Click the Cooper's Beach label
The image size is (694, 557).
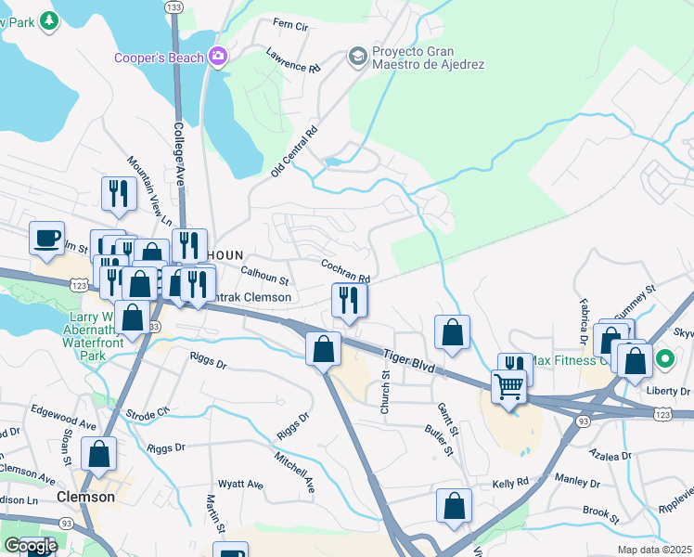click(x=159, y=58)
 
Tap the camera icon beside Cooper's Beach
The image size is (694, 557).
click(x=219, y=58)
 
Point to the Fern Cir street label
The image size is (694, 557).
click(x=290, y=25)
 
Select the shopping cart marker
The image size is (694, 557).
click(x=508, y=386)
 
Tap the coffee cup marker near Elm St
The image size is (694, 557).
click(x=46, y=239)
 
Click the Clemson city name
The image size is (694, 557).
click(x=85, y=497)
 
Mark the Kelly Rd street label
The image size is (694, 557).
click(x=510, y=483)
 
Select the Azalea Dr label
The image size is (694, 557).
click(x=610, y=455)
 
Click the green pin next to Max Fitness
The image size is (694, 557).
click(x=665, y=358)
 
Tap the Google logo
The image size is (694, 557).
click(x=30, y=546)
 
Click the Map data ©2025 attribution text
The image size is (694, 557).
click(x=654, y=550)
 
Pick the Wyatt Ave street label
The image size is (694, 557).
click(x=240, y=485)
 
